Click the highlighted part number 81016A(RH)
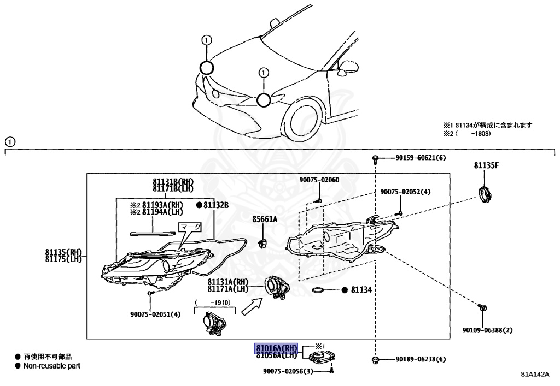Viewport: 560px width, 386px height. (276, 348)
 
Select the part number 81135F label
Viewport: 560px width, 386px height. (486, 165)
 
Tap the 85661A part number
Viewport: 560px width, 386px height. (265, 219)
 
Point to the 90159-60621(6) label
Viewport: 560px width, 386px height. (421, 158)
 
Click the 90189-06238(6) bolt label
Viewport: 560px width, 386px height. (421, 359)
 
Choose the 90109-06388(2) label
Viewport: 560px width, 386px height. (488, 330)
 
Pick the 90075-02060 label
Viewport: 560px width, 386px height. (319, 180)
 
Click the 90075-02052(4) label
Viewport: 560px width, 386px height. (406, 192)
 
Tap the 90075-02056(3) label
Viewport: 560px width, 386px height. (297, 371)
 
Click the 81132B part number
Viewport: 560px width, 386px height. (215, 205)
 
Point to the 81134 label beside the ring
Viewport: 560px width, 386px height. (361, 290)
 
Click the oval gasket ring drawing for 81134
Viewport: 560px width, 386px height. (321, 289)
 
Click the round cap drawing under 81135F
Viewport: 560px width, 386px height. (484, 195)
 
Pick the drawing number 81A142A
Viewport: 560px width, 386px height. (534, 375)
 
